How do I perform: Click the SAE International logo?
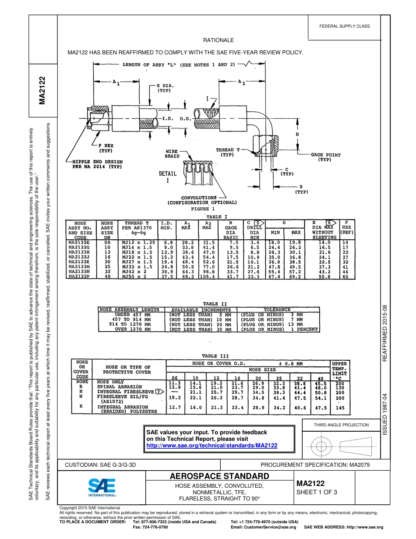pyautogui.click(x=102, y=486)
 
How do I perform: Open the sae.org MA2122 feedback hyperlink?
pyautogui.click(x=212, y=445)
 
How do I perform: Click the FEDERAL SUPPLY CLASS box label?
pyautogui.click(x=344, y=26)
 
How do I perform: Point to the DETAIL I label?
pyautogui.click(x=168, y=177)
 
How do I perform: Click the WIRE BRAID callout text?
pyautogui.click(x=172, y=153)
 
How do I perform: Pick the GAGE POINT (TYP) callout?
pyautogui.click(x=326, y=157)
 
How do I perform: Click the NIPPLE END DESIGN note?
pyautogui.click(x=97, y=164)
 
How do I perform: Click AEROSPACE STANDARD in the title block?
pyautogui.click(x=219, y=476)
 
